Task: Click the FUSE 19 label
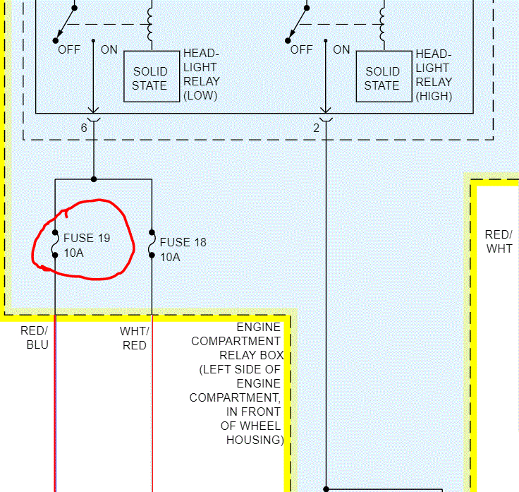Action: pyautogui.click(x=87, y=239)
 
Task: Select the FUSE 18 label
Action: pyautogui.click(x=183, y=243)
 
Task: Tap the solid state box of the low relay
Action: pyautogui.click(x=150, y=78)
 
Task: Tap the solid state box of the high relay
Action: pyautogui.click(x=382, y=78)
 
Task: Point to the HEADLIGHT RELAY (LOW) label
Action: pyautogui.click(x=201, y=75)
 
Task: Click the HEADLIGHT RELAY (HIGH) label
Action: pyautogui.click(x=434, y=75)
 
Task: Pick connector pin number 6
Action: pyautogui.click(x=84, y=128)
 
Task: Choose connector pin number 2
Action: pyautogui.click(x=317, y=128)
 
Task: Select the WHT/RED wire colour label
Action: pyautogui.click(x=134, y=338)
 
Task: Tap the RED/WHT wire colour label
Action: pyautogui.click(x=499, y=241)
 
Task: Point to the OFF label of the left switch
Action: pyautogui.click(x=69, y=49)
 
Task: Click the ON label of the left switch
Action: pyautogui.click(x=109, y=49)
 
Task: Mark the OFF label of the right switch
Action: pyautogui.click(x=301, y=49)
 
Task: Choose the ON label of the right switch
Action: pyautogui.click(x=341, y=49)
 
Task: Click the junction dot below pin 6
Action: pyautogui.click(x=94, y=179)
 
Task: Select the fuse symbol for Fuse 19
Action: pyautogui.click(x=55, y=244)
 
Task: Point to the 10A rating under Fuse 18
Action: pyautogui.click(x=170, y=257)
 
